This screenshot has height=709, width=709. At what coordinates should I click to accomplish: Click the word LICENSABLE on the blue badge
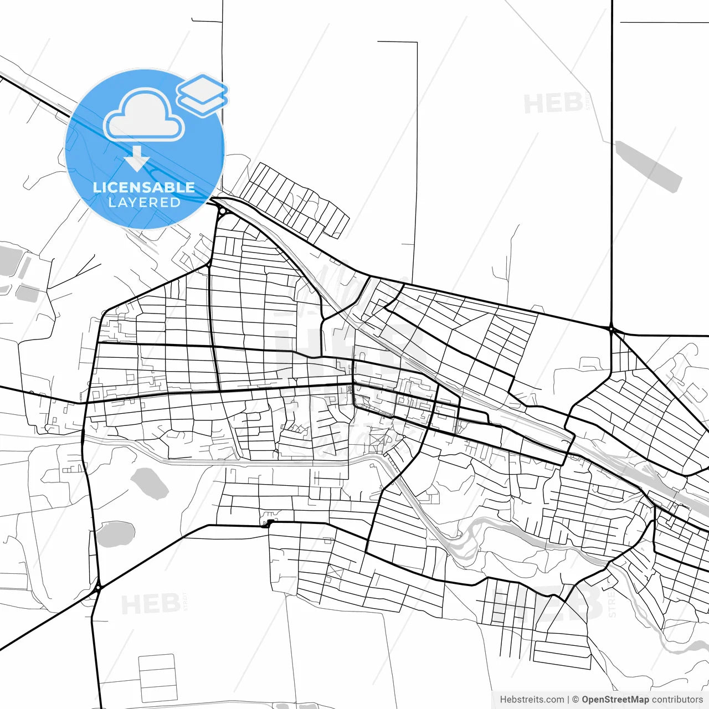[144, 187]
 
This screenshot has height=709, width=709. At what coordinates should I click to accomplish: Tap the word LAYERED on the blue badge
[144, 202]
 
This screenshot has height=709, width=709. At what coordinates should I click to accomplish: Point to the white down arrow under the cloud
[137, 158]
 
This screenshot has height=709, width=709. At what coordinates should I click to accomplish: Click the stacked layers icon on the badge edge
[202, 95]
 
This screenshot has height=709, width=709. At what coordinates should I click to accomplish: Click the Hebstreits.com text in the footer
[532, 700]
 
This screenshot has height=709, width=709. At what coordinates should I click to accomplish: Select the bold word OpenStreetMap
[615, 700]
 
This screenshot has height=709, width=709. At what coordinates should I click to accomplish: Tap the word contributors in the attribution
[677, 700]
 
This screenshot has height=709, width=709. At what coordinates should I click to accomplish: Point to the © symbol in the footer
[576, 700]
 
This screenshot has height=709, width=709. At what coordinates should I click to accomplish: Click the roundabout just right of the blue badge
[222, 210]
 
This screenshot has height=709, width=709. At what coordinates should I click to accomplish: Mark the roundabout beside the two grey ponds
[98, 587]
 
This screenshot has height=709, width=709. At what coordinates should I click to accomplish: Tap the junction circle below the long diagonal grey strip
[612, 329]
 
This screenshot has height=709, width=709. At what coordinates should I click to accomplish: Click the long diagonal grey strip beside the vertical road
[648, 166]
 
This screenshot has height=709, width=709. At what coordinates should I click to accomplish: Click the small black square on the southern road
[270, 523]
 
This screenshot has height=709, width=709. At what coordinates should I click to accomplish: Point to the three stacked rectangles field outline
[157, 679]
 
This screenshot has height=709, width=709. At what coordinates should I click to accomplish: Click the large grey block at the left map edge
[8, 260]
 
